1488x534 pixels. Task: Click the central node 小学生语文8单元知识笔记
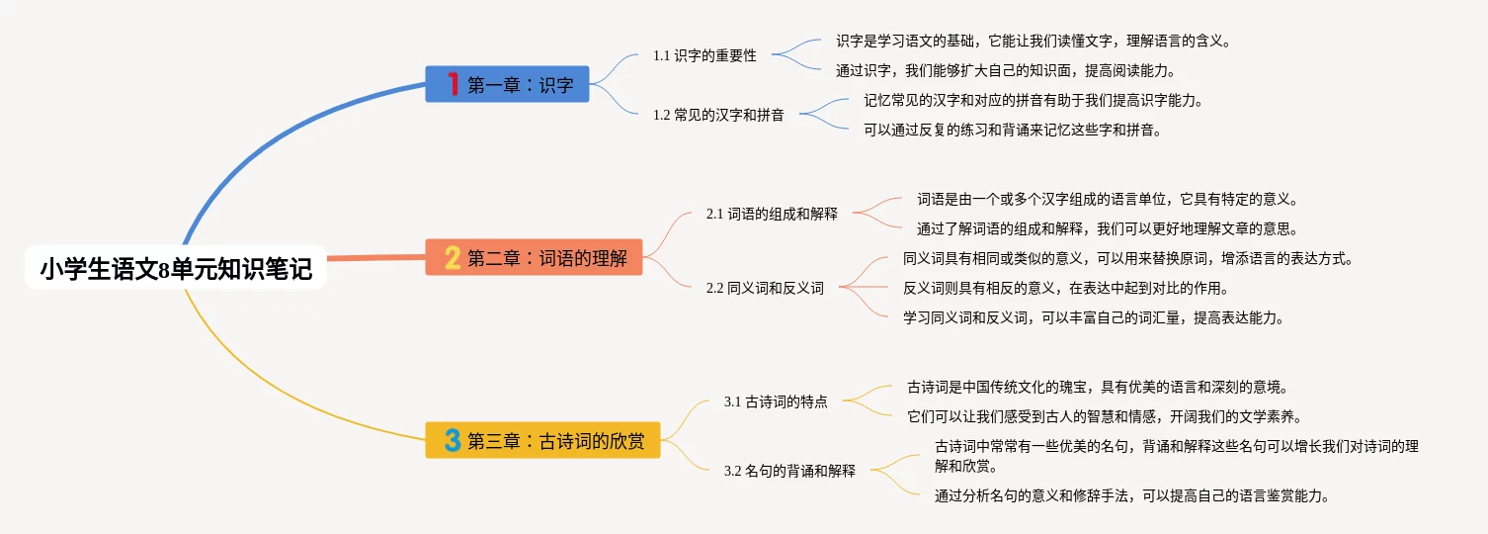pos(176,268)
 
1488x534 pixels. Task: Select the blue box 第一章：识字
pos(507,85)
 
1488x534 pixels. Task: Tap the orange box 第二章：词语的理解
pos(534,258)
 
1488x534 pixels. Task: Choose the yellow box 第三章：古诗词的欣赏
pos(542,440)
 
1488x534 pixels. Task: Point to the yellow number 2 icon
pos(453,258)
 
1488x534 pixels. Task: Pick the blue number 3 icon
pos(453,440)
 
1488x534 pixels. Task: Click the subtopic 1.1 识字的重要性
pos(704,56)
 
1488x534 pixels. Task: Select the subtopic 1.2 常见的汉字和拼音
pos(718,115)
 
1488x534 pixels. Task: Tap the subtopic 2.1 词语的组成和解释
pos(772,213)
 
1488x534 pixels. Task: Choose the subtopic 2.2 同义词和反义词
pos(765,289)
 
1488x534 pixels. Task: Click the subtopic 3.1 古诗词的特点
pos(776,402)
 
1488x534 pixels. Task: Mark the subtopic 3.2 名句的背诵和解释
pos(789,471)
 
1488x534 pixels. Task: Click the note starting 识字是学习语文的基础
pos(1033,42)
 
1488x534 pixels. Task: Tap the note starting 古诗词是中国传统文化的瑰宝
pos(1097,387)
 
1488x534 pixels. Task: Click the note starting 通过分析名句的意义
pos(1131,495)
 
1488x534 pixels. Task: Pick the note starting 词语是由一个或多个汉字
pos(1107,199)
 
